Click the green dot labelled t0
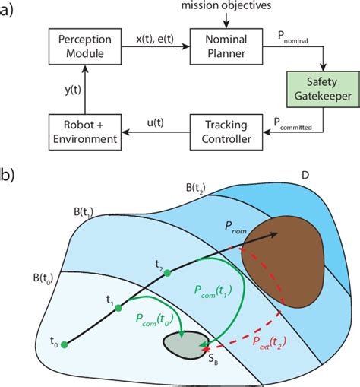(x=64, y=344)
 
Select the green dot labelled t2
(x=159, y=278)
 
